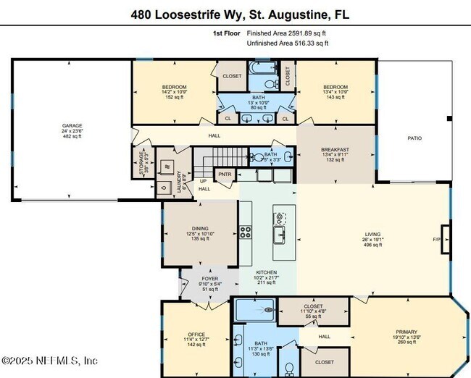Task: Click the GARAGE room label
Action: (71, 130)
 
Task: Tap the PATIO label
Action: (414, 138)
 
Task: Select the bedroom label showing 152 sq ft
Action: (174, 92)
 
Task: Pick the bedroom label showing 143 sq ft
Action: (335, 92)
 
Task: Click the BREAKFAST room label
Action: (335, 154)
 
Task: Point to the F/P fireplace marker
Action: (437, 239)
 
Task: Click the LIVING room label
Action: (372, 240)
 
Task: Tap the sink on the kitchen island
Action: (278, 233)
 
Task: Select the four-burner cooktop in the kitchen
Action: (246, 232)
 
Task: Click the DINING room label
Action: (200, 233)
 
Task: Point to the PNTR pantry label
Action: (225, 174)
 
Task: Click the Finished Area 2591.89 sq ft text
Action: (287, 33)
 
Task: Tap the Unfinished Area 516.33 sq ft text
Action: (288, 43)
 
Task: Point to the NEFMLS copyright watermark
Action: (49, 360)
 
